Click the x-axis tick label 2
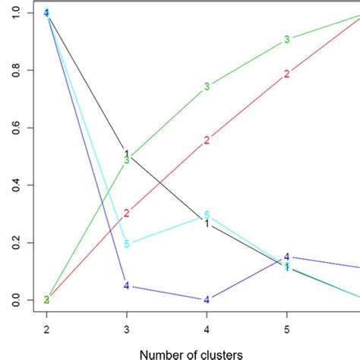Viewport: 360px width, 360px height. [46, 328]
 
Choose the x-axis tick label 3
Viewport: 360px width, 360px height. [126, 328]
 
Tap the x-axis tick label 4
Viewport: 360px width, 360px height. [207, 328]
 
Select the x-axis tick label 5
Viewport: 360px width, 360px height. [286, 328]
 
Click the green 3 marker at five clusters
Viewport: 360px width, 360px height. [286, 39]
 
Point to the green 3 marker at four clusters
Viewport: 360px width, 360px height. [207, 87]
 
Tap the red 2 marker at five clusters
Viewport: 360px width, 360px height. [286, 74]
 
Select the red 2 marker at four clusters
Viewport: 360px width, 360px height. [207, 141]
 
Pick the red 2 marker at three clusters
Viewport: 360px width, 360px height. [126, 213]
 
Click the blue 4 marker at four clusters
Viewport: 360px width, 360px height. [207, 299]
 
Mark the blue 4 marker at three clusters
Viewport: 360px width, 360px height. [126, 286]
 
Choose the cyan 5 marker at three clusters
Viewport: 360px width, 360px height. [126, 244]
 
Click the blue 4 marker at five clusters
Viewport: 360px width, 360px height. [286, 257]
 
